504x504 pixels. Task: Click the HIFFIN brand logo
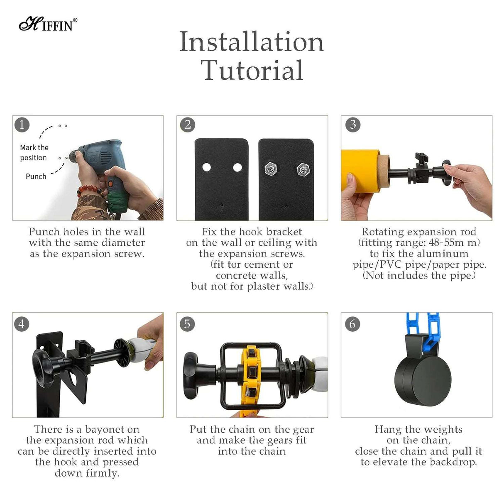[48, 24]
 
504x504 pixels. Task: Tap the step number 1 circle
[22, 125]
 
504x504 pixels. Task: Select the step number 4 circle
[22, 323]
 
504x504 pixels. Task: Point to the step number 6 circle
[352, 323]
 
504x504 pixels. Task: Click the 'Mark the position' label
[34, 153]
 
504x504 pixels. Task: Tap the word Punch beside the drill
[36, 176]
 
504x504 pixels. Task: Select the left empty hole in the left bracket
[206, 167]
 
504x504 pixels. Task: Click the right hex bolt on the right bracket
[303, 169]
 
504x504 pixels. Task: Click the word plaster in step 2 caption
[266, 286]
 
